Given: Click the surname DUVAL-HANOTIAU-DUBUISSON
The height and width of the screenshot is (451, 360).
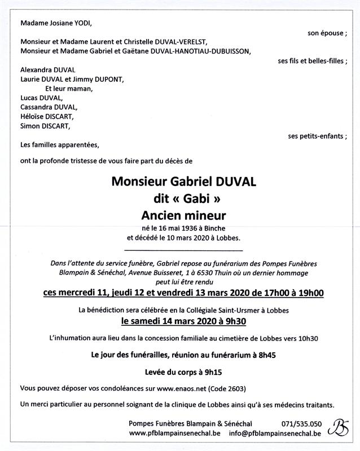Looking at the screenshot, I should click(x=201, y=51).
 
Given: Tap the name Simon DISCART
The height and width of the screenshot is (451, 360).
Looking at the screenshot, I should click(x=42, y=126).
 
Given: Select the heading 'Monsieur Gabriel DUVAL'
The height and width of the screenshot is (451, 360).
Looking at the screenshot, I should click(x=184, y=182).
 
